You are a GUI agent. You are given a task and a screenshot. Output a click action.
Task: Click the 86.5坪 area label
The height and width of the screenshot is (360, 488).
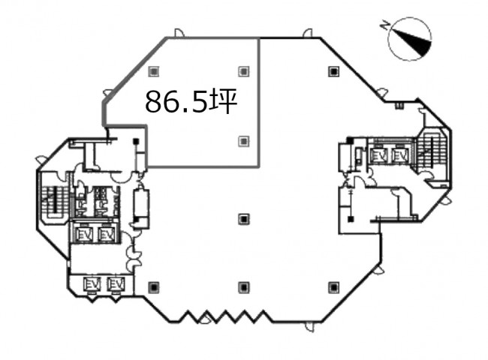click(x=191, y=101)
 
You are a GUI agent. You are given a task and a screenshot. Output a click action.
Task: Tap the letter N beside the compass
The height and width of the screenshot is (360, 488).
click(x=386, y=25)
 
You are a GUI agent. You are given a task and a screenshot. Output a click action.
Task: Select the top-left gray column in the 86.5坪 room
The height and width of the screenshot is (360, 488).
click(x=153, y=71)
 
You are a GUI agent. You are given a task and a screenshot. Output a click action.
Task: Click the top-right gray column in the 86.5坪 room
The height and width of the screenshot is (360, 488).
click(x=244, y=71)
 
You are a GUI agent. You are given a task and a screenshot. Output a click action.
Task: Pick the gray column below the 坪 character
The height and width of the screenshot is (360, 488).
click(x=244, y=141)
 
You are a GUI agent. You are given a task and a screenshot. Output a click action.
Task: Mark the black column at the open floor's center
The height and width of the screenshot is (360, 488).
click(x=244, y=219)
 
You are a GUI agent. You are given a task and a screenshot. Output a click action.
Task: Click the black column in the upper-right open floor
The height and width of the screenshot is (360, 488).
click(x=333, y=71)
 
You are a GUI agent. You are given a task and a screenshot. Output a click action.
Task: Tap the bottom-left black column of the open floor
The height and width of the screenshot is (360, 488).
click(x=153, y=287)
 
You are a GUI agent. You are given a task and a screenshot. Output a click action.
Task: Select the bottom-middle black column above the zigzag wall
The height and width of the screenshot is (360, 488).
click(x=244, y=287)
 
